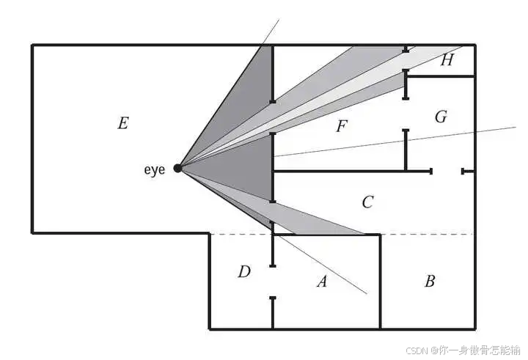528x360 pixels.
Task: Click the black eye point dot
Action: coord(177,169)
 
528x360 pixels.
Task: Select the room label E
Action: coord(122,123)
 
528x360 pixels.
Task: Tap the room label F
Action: coord(340,126)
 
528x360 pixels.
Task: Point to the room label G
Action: coord(440,117)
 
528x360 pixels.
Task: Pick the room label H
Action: coord(447,61)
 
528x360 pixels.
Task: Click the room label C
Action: coord(368,202)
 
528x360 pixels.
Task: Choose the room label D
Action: coord(244,272)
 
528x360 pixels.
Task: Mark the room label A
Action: coord(321,281)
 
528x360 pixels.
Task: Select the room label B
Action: coord(430,281)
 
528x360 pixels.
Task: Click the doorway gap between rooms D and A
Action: coord(272,282)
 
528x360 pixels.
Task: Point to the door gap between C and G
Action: coord(447,171)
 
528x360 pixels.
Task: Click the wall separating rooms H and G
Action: coord(440,76)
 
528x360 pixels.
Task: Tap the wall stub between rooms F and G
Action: coord(406,150)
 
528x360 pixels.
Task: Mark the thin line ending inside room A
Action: coord(345,279)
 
